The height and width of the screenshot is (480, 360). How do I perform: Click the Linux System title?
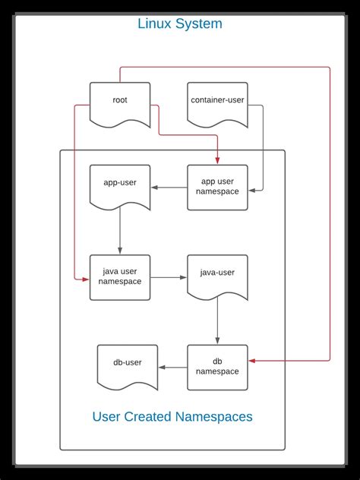pyautogui.click(x=180, y=24)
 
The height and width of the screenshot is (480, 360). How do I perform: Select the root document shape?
pyautogui.click(x=120, y=102)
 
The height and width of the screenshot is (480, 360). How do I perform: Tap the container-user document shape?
pyautogui.click(x=217, y=102)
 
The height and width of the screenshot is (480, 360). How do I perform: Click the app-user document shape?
pyautogui.click(x=119, y=185)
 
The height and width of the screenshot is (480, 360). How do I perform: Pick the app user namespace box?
pyautogui.click(x=217, y=187)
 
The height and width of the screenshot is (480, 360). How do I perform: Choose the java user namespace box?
pyautogui.click(x=119, y=277)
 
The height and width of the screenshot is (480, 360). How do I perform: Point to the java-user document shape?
pyautogui.click(x=217, y=275)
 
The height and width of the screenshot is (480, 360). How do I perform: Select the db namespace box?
pyautogui.click(x=217, y=367)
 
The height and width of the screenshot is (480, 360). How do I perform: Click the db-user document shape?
pyautogui.click(x=128, y=365)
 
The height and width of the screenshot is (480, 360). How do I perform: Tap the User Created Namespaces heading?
pyautogui.click(x=172, y=416)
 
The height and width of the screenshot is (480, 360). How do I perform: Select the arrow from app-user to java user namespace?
pyautogui.click(x=119, y=232)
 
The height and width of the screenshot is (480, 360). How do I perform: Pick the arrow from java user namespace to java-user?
pyautogui.click(x=169, y=277)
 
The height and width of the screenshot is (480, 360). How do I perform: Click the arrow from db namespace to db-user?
pyautogui.click(x=173, y=368)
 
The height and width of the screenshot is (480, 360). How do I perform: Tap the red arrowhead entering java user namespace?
pyautogui.click(x=85, y=279)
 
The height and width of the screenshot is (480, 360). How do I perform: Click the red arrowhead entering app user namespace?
pyautogui.click(x=218, y=159)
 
